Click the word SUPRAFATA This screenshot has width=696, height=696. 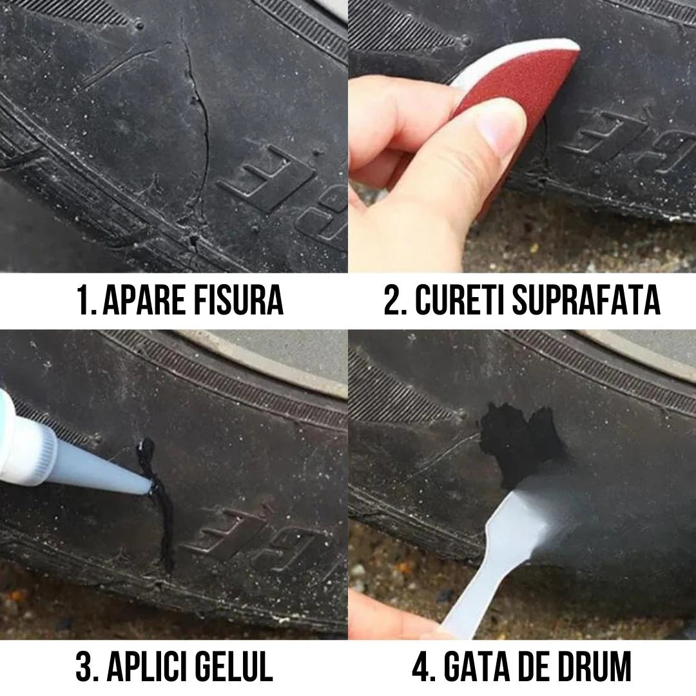[x=586, y=301]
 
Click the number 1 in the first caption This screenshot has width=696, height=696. [x=82, y=301]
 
